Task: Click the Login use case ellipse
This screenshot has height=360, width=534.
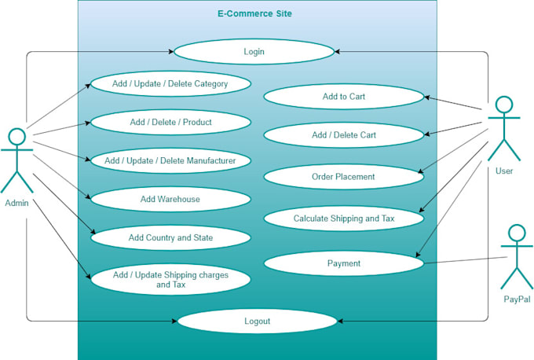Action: [254, 52]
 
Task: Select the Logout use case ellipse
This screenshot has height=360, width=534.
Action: [257, 321]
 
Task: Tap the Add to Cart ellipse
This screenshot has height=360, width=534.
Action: [343, 97]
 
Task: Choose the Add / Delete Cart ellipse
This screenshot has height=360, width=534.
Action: [343, 135]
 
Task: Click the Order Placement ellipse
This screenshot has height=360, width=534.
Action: [343, 177]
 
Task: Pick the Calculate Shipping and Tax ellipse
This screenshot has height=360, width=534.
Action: [343, 219]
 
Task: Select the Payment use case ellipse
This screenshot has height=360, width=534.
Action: [343, 263]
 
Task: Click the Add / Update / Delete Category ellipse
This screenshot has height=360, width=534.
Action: [170, 83]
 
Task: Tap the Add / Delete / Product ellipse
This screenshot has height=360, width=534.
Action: [170, 122]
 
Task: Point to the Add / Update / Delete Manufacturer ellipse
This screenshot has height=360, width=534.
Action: [170, 160]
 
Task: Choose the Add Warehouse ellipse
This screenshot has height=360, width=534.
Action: [170, 199]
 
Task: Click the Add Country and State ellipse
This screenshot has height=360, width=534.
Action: [170, 237]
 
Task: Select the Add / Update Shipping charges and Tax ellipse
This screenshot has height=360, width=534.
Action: [170, 280]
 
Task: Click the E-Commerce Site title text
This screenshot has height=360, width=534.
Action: [255, 13]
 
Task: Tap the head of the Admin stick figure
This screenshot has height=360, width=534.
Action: [16, 136]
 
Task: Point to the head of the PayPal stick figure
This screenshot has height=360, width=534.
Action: [516, 233]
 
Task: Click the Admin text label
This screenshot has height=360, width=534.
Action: [16, 203]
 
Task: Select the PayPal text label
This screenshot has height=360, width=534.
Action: [516, 299]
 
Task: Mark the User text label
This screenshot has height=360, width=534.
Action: [504, 171]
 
